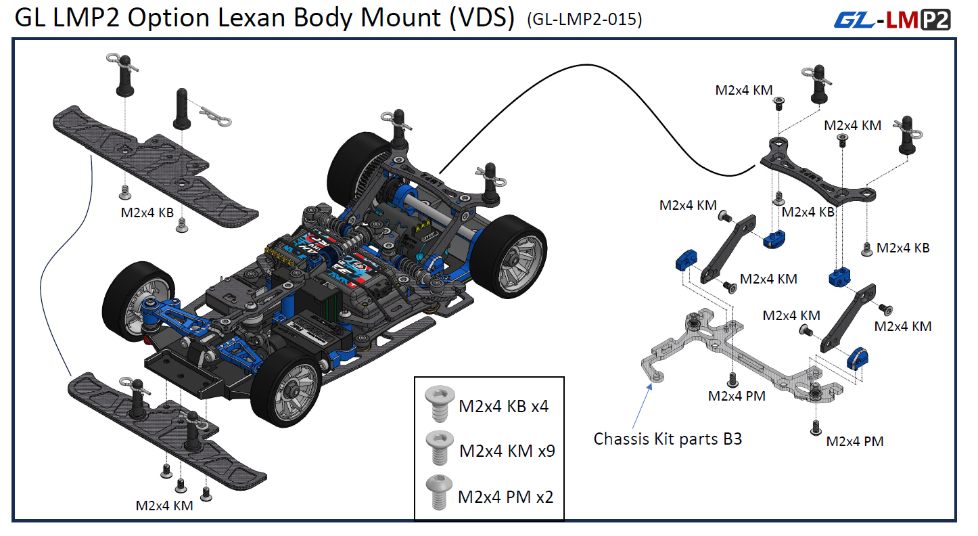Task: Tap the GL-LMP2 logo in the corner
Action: pos(892,20)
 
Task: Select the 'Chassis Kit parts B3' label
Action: pos(668,439)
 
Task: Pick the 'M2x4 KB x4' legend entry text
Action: pos(503,407)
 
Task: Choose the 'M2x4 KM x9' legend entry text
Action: pos(507,451)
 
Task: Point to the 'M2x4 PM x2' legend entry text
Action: pos(505,497)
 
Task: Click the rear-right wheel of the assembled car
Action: pos(509,254)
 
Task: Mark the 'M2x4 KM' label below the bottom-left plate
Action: pos(164,506)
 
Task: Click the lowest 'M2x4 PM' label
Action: pos(854,441)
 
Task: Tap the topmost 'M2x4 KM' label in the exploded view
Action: pos(743,89)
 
